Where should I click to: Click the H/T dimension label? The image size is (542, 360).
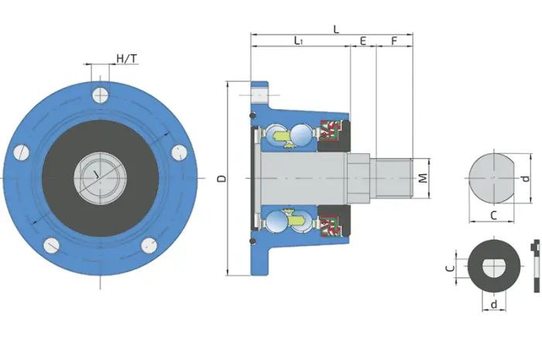tap(126, 59)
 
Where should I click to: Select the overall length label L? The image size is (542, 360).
tap(336, 29)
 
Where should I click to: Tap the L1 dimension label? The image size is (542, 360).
tap(298, 41)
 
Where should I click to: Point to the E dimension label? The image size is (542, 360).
tap(363, 41)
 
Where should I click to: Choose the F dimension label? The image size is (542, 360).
tap(394, 41)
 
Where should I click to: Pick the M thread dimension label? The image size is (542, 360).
tap(423, 178)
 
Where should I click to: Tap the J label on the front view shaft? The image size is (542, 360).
tap(98, 175)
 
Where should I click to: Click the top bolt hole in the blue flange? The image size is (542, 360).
tap(100, 95)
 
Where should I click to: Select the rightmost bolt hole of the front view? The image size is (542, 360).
tap(180, 153)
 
